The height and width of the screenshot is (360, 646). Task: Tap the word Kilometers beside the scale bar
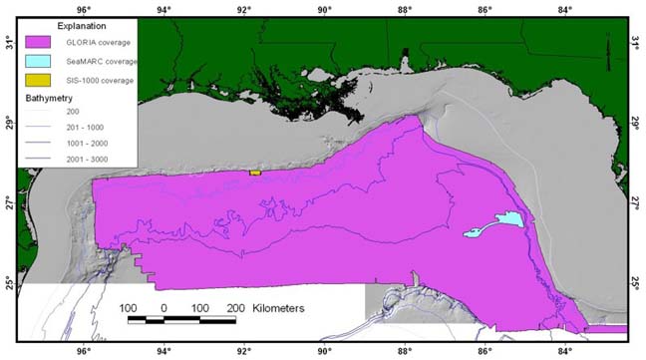pyautogui.click(x=279, y=309)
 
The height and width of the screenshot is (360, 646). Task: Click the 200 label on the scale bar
pyautogui.click(x=235, y=308)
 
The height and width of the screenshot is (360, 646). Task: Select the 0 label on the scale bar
pyautogui.click(x=163, y=308)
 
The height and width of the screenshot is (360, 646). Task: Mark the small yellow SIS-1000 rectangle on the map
pyautogui.click(x=254, y=173)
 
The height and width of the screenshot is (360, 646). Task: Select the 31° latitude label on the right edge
pyautogui.click(x=636, y=43)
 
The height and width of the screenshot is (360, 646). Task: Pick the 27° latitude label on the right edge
pyautogui.click(x=636, y=203)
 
